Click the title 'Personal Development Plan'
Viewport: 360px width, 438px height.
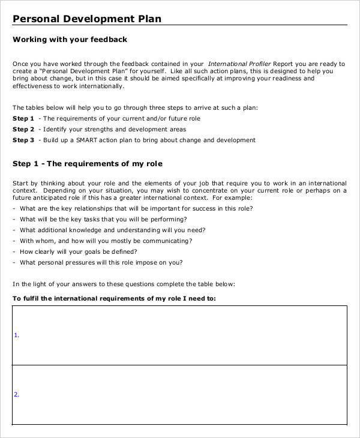point(87,19)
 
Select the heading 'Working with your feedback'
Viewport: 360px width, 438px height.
point(70,40)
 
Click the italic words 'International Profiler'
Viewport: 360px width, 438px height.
point(239,64)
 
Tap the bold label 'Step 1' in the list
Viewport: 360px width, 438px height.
point(23,119)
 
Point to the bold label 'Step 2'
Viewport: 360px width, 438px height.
point(23,130)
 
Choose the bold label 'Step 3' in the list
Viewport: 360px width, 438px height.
point(23,140)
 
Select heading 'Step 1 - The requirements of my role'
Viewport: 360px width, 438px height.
point(88,164)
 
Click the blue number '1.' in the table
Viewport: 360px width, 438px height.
point(16,335)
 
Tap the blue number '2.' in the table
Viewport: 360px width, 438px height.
point(16,395)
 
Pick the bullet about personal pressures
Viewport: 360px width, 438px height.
point(101,263)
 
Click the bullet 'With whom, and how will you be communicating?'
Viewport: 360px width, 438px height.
point(106,241)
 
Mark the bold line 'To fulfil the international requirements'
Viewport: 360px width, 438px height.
point(114,298)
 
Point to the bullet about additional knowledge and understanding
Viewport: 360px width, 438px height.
point(112,230)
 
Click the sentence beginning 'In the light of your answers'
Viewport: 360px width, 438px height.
point(124,284)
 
